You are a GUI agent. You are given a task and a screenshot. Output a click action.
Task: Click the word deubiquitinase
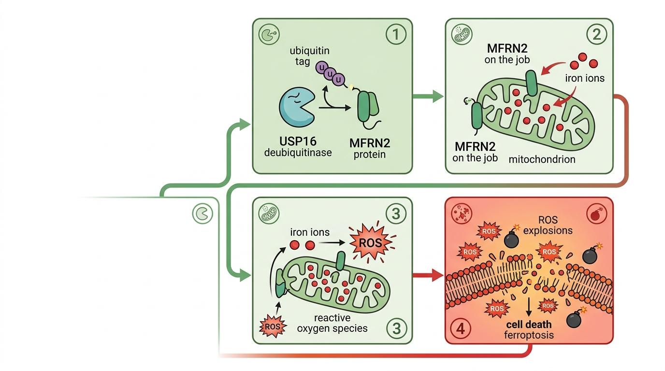(x=299, y=153)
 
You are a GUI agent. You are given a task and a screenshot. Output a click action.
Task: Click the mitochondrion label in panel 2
(x=542, y=158)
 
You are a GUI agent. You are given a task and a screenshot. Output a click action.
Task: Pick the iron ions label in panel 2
(x=585, y=78)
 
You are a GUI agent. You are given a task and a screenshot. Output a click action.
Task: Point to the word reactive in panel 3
(x=332, y=318)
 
